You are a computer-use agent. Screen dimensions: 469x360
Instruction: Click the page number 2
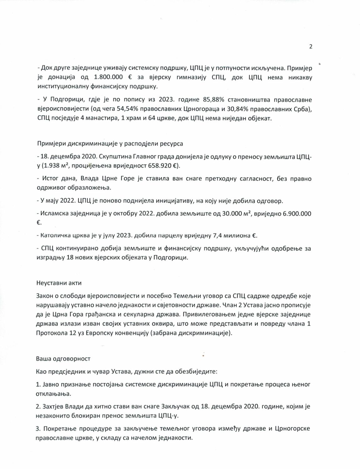311,47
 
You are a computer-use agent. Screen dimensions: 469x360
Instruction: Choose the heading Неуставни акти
59,283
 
